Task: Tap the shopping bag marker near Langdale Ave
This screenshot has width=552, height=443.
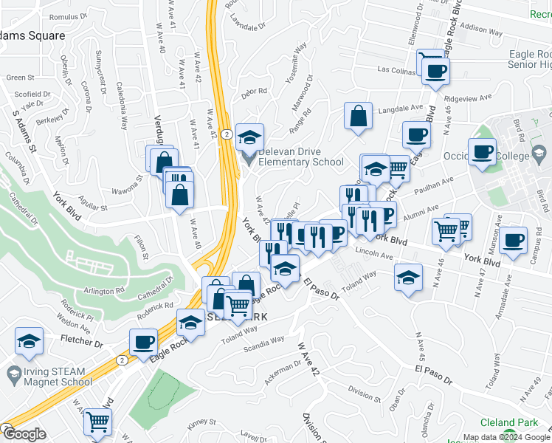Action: [358, 116]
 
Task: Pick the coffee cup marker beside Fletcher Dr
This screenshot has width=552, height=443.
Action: [143, 341]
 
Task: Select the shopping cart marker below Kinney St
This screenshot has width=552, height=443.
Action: [97, 422]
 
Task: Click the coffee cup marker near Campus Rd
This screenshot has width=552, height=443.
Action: [513, 239]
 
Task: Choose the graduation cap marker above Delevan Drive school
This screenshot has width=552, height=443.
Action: [250, 137]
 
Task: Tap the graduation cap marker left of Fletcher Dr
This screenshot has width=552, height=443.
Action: [28, 341]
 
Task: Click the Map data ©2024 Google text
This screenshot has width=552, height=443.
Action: [506, 437]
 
